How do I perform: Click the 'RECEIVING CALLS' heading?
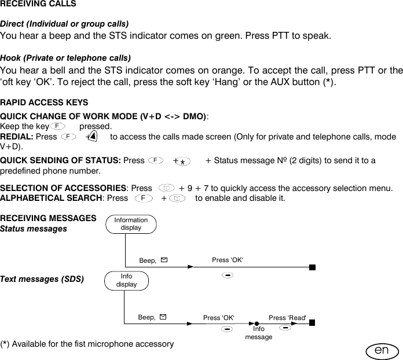coord(38,4)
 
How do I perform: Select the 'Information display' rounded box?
coord(131,224)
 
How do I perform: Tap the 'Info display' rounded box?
coord(127,281)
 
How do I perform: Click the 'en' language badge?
coord(381,351)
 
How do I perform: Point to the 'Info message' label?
coord(258,333)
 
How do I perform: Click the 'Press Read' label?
coord(287,318)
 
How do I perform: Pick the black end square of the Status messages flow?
coord(312,267)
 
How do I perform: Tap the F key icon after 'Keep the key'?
coord(57,126)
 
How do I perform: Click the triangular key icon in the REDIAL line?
coord(93,137)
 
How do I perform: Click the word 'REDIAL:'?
coord(17,137)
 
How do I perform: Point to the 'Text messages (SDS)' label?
coord(42,279)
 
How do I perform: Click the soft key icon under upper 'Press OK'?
coord(228,274)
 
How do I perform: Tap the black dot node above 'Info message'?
coord(255,324)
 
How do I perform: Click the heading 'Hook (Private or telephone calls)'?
coord(65,58)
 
